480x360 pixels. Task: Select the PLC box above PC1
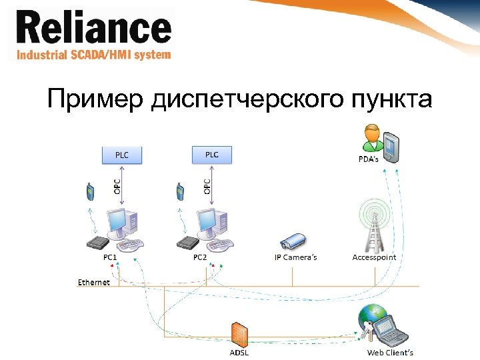[x=122, y=155]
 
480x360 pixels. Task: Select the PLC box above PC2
[x=211, y=155]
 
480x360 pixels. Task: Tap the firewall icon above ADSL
[x=239, y=335]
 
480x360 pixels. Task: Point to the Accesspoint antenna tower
[x=373, y=226]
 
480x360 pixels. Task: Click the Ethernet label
[x=94, y=283]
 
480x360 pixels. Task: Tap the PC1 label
[x=110, y=257]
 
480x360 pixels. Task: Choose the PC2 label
[x=200, y=257]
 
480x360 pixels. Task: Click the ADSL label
[x=239, y=353]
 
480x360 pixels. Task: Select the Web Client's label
[x=390, y=353]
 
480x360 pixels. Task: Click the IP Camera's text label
[x=296, y=257]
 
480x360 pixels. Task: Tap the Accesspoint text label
[x=374, y=257]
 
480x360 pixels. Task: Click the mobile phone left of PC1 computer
[x=90, y=191]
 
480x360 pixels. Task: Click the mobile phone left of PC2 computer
[x=179, y=191]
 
